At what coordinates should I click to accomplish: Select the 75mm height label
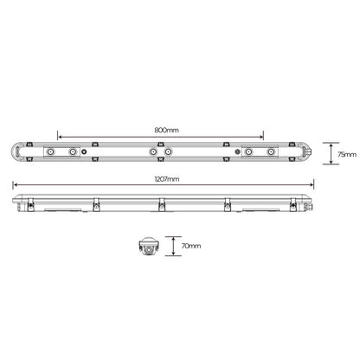[x=347, y=153]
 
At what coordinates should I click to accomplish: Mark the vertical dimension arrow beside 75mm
[x=334, y=153]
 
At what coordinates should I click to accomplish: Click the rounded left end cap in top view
[x=16, y=152]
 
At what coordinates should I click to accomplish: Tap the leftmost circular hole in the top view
[x=51, y=152]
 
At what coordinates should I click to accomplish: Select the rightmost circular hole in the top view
[x=272, y=152]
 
